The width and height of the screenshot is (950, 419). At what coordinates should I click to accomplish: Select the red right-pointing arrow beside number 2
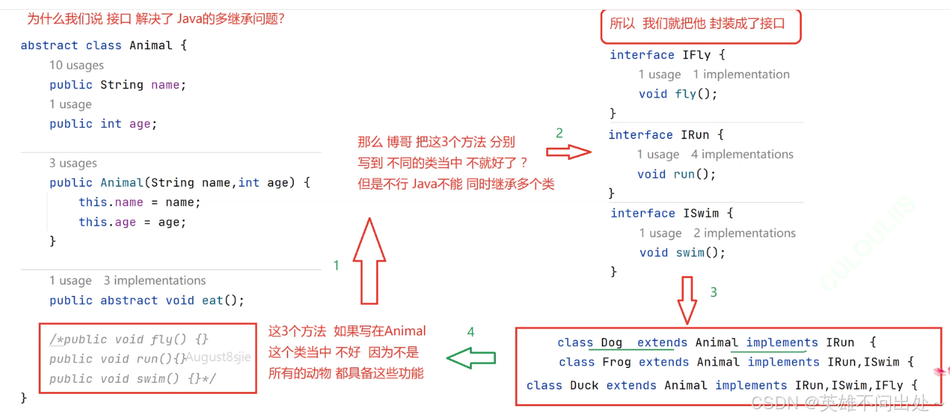pyautogui.click(x=568, y=151)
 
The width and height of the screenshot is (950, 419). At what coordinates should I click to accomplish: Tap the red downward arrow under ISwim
pyautogui.click(x=686, y=300)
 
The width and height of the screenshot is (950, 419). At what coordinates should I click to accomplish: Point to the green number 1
pyautogui.click(x=336, y=266)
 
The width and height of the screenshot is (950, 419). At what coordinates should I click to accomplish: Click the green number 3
pyautogui.click(x=713, y=292)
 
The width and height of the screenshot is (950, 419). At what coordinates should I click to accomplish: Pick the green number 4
pyautogui.click(x=471, y=332)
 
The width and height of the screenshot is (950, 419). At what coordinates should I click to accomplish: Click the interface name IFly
pyautogui.click(x=696, y=55)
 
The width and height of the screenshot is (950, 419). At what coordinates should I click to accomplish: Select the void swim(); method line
pyautogui.click(x=682, y=252)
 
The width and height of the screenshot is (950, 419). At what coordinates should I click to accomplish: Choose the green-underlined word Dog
pyautogui.click(x=611, y=343)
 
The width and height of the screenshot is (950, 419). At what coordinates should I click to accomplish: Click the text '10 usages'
pyautogui.click(x=77, y=65)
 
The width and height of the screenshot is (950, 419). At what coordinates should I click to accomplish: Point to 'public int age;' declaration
pyautogui.click(x=103, y=124)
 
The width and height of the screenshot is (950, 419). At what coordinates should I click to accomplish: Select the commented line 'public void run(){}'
pyautogui.click(x=117, y=359)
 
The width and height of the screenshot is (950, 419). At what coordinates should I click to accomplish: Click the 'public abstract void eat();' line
pyautogui.click(x=147, y=300)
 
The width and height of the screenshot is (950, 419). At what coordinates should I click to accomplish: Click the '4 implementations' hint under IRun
pyautogui.click(x=742, y=154)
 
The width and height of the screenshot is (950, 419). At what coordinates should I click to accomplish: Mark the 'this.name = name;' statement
pyautogui.click(x=139, y=202)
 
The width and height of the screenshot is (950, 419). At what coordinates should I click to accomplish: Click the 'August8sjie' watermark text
pyautogui.click(x=218, y=357)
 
